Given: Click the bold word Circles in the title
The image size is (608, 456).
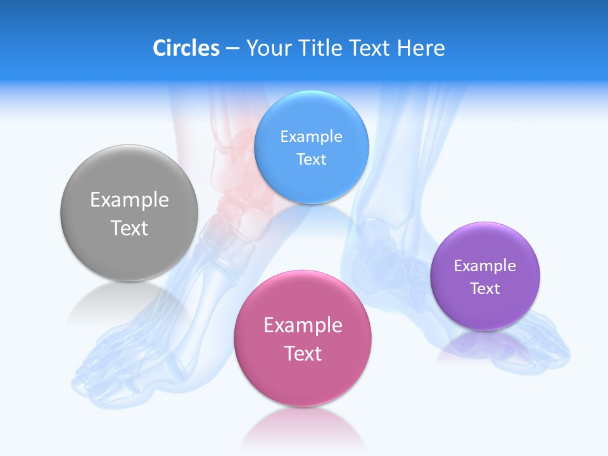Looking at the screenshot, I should tap(186, 48).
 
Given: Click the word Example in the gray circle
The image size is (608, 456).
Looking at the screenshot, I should tap(129, 200).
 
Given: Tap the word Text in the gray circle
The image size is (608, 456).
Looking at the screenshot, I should tap(129, 228).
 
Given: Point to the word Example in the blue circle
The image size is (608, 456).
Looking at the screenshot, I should tap(311, 137).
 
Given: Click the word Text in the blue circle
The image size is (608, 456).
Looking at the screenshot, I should tap(311, 160).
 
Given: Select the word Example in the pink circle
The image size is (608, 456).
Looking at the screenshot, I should tap(303, 326).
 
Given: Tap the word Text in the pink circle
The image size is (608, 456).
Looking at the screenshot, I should tap(303, 353).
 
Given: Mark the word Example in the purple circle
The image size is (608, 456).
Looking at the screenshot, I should tap(485, 266).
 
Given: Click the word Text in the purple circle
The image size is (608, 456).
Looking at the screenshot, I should tap(485, 289).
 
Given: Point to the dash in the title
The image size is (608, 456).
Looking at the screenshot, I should tap(232, 48).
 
